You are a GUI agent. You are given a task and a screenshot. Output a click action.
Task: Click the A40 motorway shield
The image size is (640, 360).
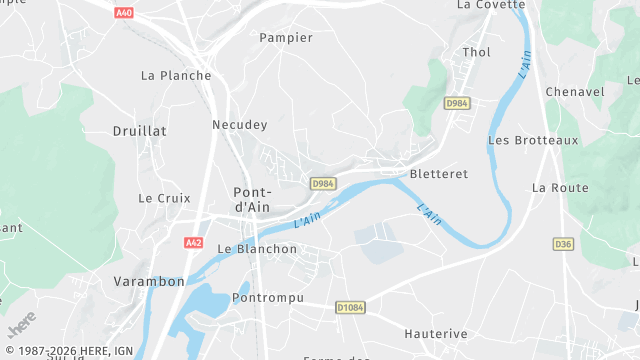[124, 13]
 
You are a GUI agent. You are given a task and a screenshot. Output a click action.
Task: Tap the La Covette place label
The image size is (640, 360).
[491, 5]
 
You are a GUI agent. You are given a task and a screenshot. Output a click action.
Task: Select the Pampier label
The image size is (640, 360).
[286, 38]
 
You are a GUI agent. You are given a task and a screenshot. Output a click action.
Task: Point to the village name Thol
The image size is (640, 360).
[477, 52]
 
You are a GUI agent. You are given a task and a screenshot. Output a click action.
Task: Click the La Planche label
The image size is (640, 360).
[176, 75]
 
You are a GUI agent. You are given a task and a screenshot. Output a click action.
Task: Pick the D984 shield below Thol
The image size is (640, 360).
[457, 103]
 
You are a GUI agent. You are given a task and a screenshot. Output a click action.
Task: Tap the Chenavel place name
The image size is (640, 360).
[575, 92]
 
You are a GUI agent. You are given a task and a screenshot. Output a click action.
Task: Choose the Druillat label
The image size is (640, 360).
[140, 131]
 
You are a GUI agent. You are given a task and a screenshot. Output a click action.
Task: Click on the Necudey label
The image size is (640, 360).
[240, 125]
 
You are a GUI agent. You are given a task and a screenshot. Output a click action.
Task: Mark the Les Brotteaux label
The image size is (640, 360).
[533, 140]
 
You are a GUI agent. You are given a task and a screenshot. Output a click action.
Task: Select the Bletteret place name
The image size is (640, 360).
[439, 173]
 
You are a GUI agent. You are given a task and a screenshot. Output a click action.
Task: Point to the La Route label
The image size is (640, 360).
[560, 187]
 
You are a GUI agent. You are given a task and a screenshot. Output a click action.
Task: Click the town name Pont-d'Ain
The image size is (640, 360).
[252, 199]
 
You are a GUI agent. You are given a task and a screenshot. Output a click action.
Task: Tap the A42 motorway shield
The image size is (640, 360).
[194, 242]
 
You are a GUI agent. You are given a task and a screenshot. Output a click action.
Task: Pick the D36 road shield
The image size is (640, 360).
[563, 243]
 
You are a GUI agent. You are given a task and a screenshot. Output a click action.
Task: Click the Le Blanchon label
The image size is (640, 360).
[257, 249]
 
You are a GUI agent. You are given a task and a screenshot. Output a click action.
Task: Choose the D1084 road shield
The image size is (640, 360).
[349, 308]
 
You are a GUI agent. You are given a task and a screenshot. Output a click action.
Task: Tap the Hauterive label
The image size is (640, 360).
[437, 332]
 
